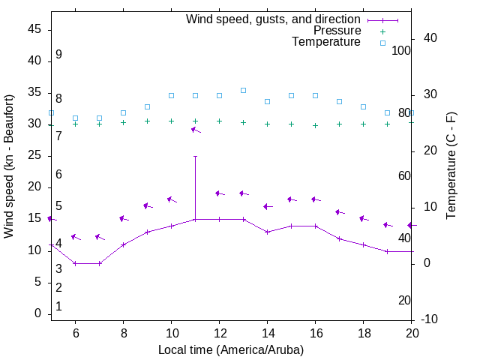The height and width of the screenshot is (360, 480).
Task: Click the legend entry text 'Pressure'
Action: [x=337, y=31]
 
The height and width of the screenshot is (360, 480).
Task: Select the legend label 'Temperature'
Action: [x=326, y=42]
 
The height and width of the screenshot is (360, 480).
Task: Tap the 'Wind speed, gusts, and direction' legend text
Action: [x=274, y=19]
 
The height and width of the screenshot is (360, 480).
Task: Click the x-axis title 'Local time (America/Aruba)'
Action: [x=231, y=349]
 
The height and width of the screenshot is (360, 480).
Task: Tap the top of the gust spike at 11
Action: [x=195, y=156]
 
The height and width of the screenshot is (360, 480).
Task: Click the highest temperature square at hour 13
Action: [x=243, y=90]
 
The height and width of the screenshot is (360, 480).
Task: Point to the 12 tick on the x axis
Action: [x=219, y=333]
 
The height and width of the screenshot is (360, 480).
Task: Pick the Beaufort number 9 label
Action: [x=58, y=55]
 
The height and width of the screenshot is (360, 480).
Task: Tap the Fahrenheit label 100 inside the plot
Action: [x=401, y=50]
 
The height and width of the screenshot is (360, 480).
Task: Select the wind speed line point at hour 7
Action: [x=99, y=263]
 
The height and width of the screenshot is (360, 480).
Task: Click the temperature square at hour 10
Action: [x=171, y=95]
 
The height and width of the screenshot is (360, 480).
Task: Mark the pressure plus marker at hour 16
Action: [x=315, y=125]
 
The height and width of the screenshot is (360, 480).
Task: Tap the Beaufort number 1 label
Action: [x=58, y=307]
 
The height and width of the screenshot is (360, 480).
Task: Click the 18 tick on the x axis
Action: [x=363, y=333]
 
